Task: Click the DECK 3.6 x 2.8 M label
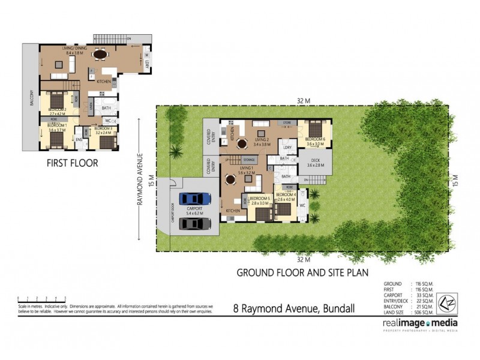click(x=315, y=163)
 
